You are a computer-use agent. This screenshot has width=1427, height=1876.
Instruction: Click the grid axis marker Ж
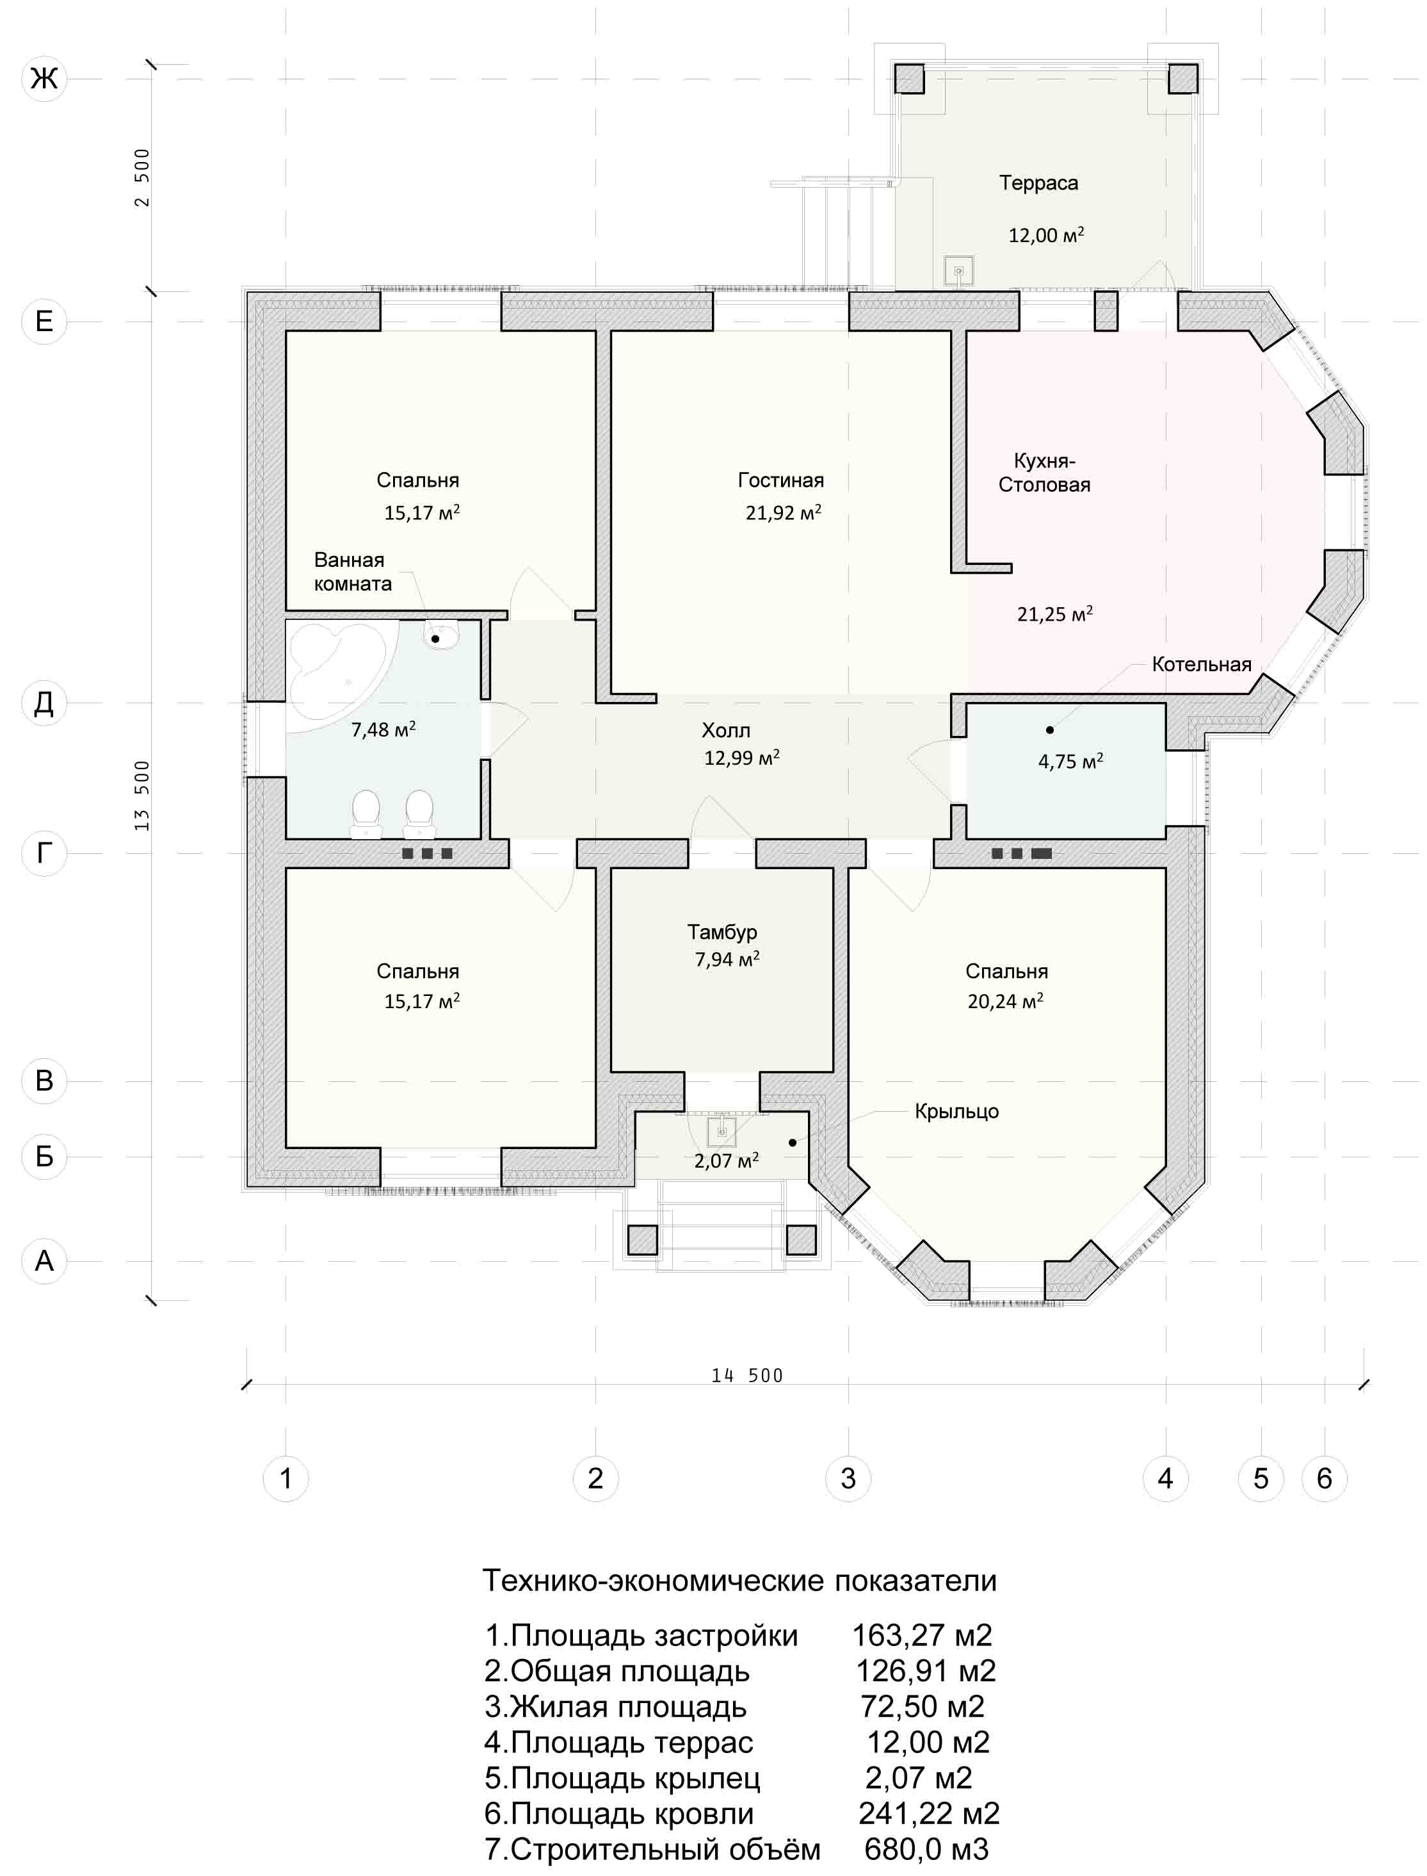(x=44, y=79)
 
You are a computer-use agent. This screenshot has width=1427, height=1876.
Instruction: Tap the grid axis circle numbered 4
(x=1165, y=1478)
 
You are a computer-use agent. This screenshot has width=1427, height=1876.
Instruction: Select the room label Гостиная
(x=780, y=480)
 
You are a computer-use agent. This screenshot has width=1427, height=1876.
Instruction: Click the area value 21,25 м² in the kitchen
(x=1055, y=614)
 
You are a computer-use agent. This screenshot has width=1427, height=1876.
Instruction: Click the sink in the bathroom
(x=442, y=635)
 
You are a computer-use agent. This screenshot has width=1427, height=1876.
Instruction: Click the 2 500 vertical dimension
(x=142, y=177)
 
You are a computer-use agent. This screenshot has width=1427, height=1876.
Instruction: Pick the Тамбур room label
(x=722, y=932)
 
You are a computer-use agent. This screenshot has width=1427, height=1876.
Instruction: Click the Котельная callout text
(x=1202, y=664)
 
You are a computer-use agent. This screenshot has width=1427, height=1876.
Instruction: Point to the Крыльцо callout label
(x=956, y=1111)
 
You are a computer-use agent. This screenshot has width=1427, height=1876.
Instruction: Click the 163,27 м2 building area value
(x=922, y=1635)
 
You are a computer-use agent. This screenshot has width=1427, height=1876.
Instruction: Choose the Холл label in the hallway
(x=726, y=730)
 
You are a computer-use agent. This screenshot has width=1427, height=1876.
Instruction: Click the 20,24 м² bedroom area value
(x=1006, y=1001)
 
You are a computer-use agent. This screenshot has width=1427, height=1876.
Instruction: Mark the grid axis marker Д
(x=44, y=703)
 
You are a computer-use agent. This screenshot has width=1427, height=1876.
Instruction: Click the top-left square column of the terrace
(x=909, y=79)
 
